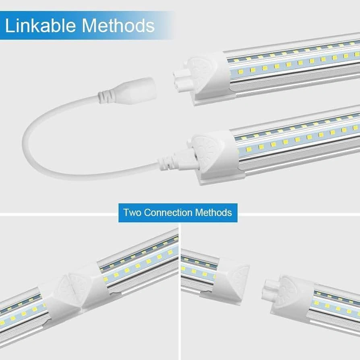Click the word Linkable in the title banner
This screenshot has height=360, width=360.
40,25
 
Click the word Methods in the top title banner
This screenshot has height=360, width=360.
118,25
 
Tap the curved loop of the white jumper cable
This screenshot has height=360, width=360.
35,147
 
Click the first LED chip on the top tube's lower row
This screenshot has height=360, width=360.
240,72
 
